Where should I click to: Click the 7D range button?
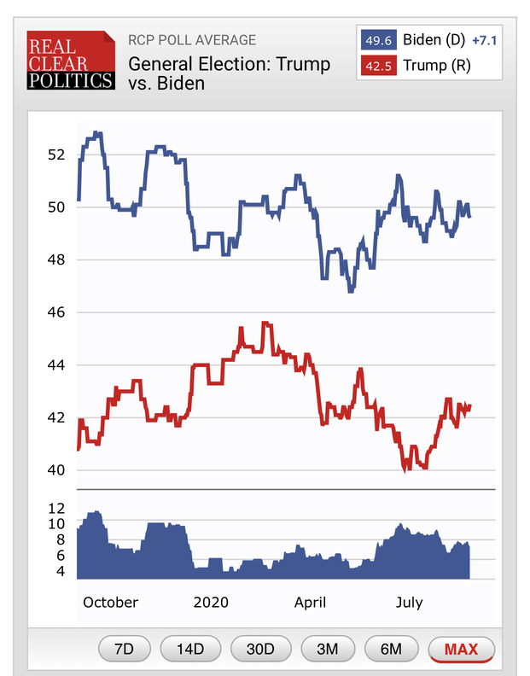coord(125,650)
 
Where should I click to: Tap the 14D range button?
coord(190,650)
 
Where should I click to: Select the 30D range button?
coord(260,650)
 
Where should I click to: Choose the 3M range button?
coord(328,650)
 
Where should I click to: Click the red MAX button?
coord(461,650)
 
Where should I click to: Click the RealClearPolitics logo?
coord(70,61)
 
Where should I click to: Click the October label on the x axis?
coord(110,603)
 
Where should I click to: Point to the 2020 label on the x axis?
coord(211,603)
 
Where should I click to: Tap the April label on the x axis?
coord(310,603)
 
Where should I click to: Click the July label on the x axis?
coord(409,603)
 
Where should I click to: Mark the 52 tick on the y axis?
coord(56,154)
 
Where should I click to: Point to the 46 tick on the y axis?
coord(56,312)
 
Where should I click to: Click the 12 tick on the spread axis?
coord(56,507)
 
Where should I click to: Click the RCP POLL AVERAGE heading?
coord(192,40)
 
